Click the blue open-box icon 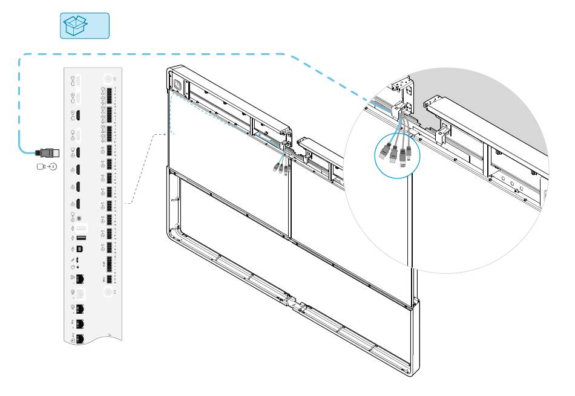point(84,25)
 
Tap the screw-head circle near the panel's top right point(110,79)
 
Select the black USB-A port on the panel point(81,238)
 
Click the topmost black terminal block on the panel point(110,96)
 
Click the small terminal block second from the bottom point(110,264)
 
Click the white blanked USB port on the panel point(81,227)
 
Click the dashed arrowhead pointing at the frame point(163,134)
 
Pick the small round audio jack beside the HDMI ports point(79,218)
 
